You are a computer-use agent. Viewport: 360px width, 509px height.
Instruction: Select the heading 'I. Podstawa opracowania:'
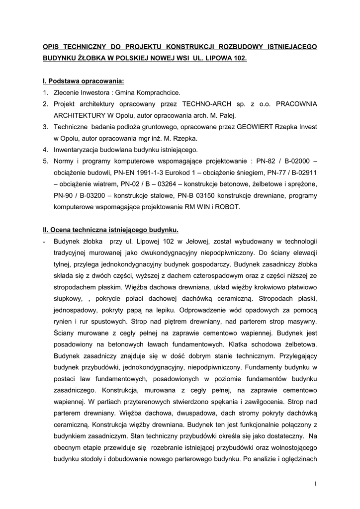click(84, 81)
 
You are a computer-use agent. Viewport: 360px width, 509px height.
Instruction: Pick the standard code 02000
click(299, 161)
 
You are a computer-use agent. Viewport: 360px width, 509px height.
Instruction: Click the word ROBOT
click(228, 207)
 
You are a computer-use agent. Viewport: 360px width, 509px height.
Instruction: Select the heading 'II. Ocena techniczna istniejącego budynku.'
click(110, 230)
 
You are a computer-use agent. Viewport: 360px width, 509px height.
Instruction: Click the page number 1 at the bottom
click(315, 483)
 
